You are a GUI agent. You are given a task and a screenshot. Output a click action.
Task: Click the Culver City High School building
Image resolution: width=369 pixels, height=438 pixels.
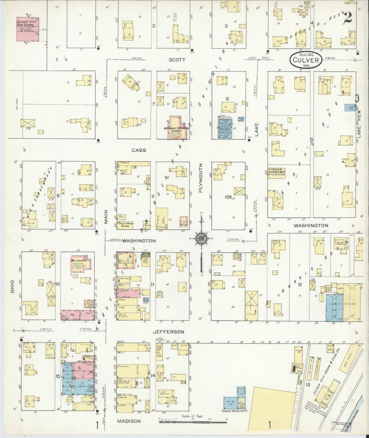[28, 29]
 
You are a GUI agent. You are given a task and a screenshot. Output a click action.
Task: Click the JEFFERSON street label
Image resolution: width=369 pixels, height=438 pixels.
[168, 332]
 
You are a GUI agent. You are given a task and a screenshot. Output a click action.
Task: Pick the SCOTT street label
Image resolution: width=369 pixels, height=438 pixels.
[177, 60]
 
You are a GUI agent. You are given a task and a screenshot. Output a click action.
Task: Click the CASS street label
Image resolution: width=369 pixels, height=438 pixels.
[139, 150]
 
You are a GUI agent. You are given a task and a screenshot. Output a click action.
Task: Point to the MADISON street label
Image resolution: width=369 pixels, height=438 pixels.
[129, 421]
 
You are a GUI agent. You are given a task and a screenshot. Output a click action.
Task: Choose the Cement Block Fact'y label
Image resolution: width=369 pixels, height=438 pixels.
[234, 411]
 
